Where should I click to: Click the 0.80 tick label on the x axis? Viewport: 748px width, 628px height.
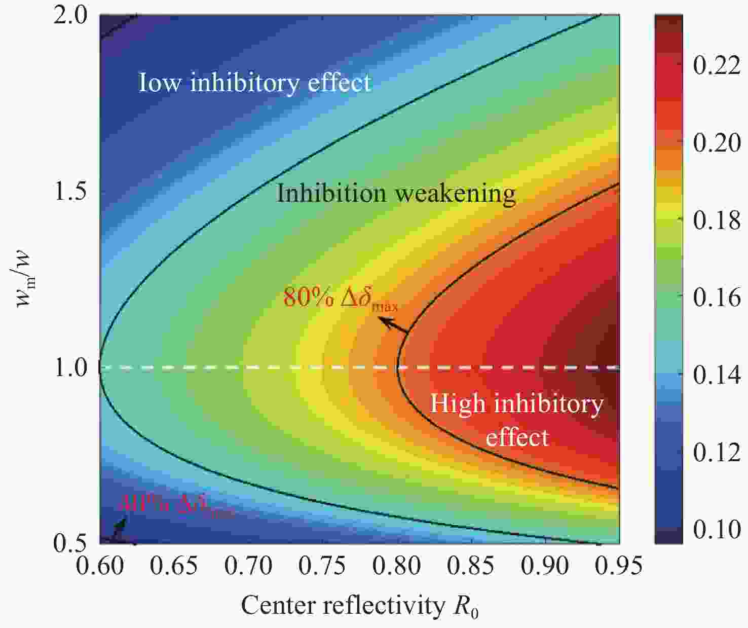[396, 565]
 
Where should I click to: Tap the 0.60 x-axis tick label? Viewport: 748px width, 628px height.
[100, 565]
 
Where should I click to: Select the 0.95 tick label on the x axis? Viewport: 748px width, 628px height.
[618, 565]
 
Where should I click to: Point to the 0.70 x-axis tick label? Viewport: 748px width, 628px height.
[248, 565]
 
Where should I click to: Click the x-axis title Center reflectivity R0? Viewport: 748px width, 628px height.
[359, 606]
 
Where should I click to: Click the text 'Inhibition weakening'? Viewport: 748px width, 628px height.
[396, 194]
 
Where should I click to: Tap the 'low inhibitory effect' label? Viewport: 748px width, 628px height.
[255, 82]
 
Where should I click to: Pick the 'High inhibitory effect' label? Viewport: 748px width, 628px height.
[516, 420]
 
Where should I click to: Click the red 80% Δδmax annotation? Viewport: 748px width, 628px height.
[340, 299]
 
